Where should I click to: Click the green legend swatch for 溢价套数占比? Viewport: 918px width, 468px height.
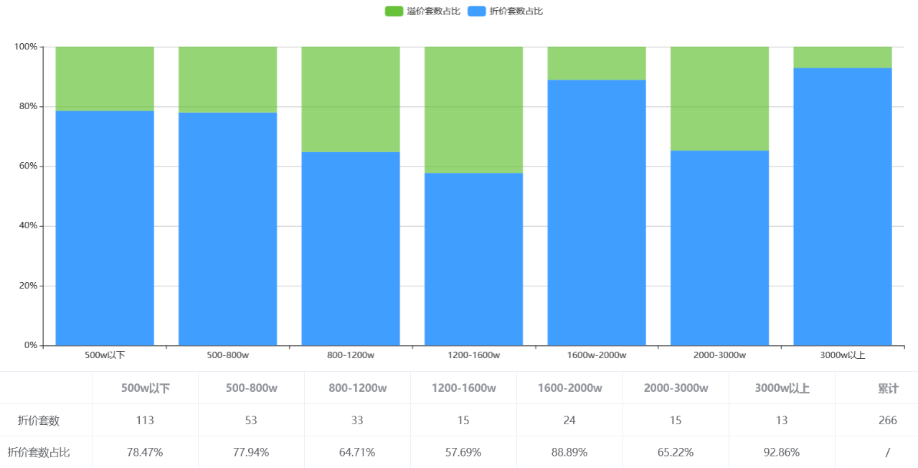(x=394, y=11)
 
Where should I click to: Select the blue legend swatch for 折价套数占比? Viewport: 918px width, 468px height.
(x=477, y=11)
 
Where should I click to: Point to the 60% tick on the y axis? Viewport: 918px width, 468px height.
(x=28, y=166)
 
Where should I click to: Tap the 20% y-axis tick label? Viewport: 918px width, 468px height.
(x=28, y=286)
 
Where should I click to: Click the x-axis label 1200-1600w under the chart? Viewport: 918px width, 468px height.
(x=473, y=355)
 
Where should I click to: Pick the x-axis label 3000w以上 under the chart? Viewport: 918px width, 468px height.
(x=842, y=355)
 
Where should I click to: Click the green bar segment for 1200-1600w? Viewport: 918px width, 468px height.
(x=473, y=110)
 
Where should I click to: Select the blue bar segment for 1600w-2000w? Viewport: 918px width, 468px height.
(x=597, y=212)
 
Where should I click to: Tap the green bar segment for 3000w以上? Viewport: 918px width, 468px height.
(x=842, y=57)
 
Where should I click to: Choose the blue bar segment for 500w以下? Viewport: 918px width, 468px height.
(x=105, y=228)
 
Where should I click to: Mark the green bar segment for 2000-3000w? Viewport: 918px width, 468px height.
(x=719, y=98)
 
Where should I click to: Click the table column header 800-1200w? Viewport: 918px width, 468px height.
(x=357, y=388)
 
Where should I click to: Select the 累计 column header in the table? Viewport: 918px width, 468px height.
(x=888, y=388)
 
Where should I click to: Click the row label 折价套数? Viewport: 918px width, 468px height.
(x=39, y=420)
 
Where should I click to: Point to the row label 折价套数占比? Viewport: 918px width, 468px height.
(x=39, y=452)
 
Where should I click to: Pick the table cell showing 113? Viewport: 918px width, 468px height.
(x=145, y=420)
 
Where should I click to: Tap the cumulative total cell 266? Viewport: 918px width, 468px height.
(x=888, y=420)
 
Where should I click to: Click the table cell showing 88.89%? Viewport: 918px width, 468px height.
(x=569, y=452)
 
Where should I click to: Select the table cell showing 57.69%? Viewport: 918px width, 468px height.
(x=463, y=452)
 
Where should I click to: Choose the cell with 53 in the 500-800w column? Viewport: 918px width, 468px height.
(x=251, y=420)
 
